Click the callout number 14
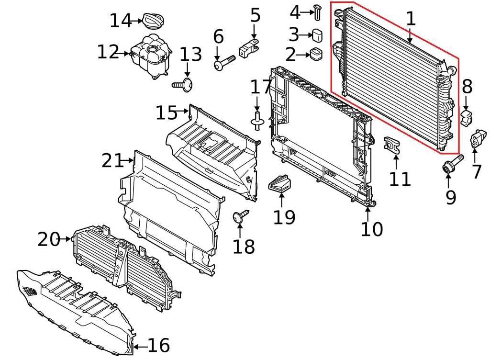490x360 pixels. click(x=120, y=21)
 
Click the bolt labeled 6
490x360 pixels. click(x=224, y=63)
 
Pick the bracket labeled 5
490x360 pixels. click(x=250, y=48)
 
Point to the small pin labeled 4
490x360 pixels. click(x=317, y=11)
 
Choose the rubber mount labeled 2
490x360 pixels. click(x=316, y=54)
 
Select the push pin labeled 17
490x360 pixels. click(x=257, y=119)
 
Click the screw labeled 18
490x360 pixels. click(x=241, y=216)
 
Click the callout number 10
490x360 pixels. click(x=372, y=229)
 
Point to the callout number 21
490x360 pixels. click(x=112, y=161)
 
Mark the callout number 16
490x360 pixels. click(x=158, y=345)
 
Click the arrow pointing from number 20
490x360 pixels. click(x=67, y=238)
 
